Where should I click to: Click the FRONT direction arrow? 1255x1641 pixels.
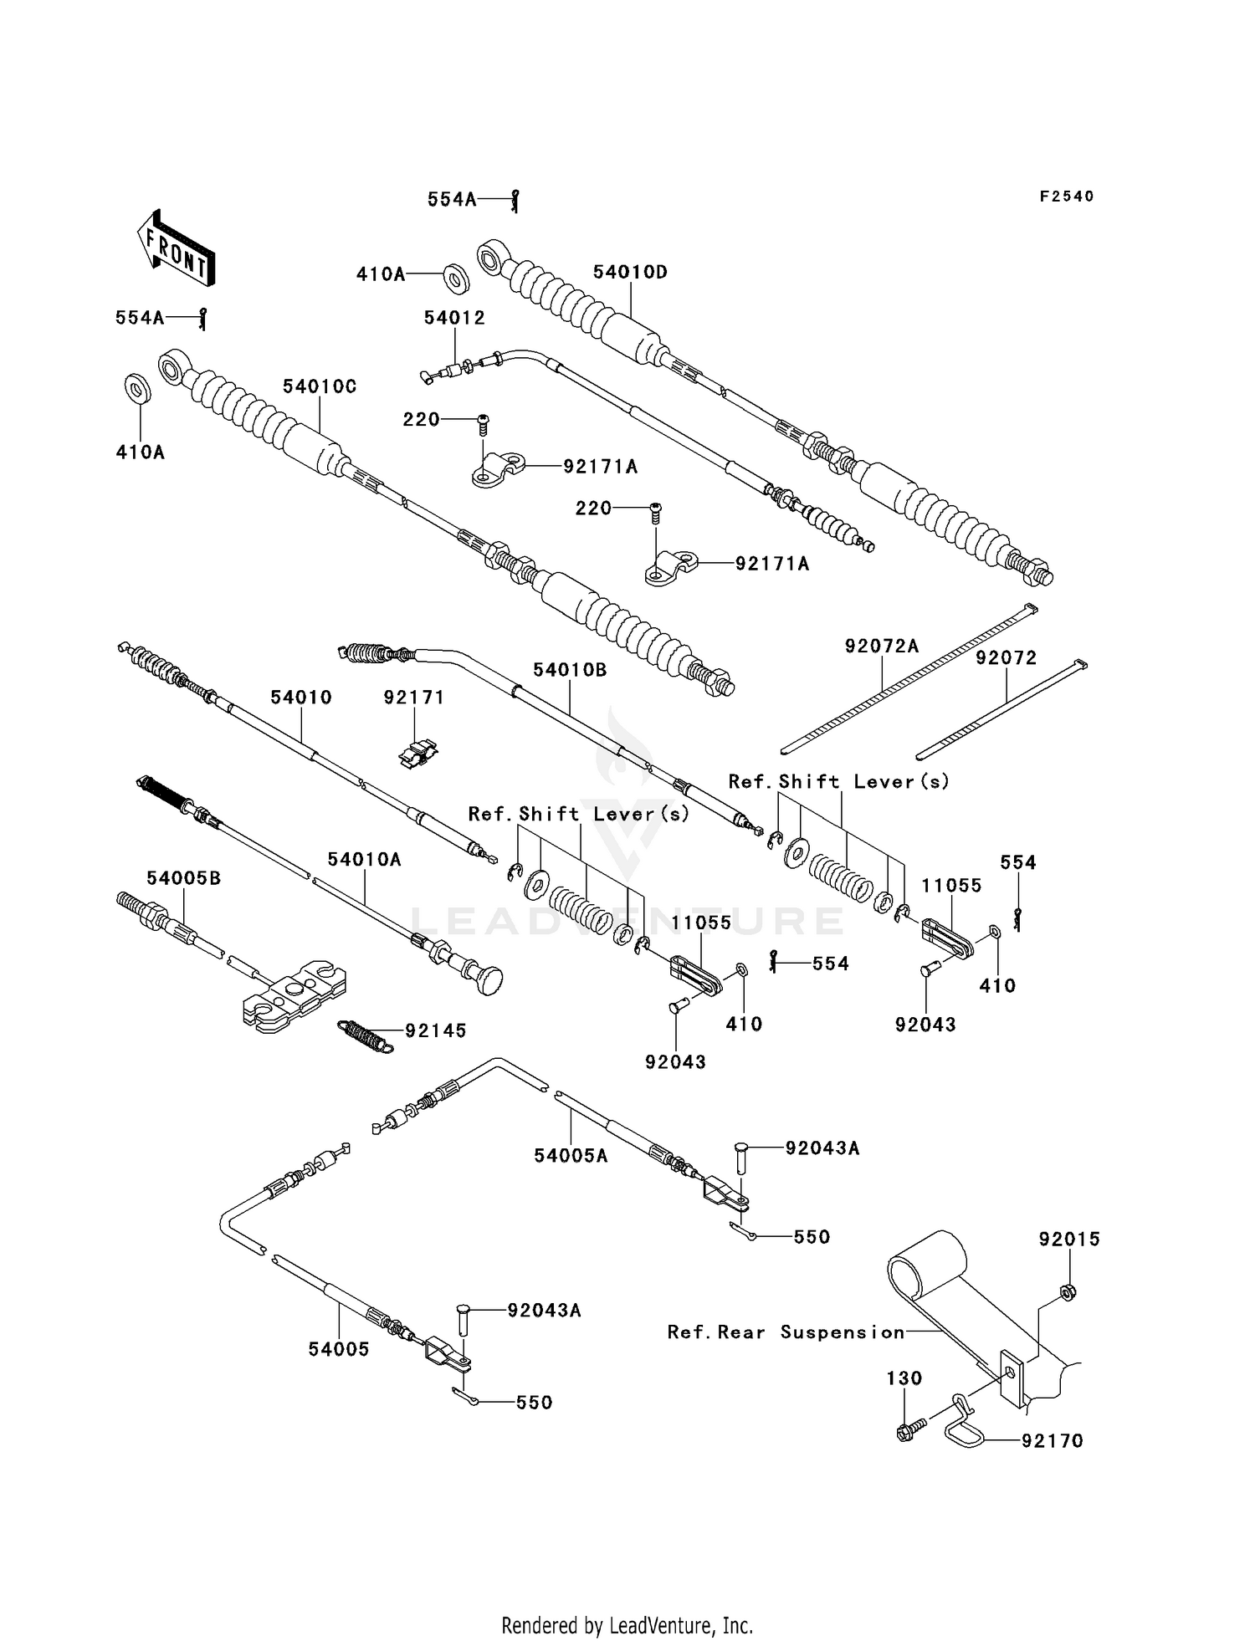(175, 248)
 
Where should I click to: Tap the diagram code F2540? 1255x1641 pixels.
(1066, 197)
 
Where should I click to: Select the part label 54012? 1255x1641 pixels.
(454, 318)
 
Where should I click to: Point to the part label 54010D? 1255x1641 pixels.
(631, 273)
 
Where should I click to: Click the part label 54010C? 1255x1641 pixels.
(320, 386)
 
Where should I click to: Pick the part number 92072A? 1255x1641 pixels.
(882, 646)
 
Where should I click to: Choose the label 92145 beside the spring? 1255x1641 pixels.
(436, 1030)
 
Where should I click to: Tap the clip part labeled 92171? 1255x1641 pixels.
(417, 754)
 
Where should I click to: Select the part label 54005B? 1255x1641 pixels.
(184, 878)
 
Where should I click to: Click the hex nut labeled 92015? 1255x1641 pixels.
(1068, 1292)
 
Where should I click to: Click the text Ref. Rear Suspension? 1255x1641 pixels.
(786, 1332)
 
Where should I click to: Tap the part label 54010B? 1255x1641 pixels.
(570, 670)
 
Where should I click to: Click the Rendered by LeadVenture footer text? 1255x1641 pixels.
(627, 1625)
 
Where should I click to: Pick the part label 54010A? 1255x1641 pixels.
(364, 859)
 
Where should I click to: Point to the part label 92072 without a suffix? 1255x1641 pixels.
(1006, 658)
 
